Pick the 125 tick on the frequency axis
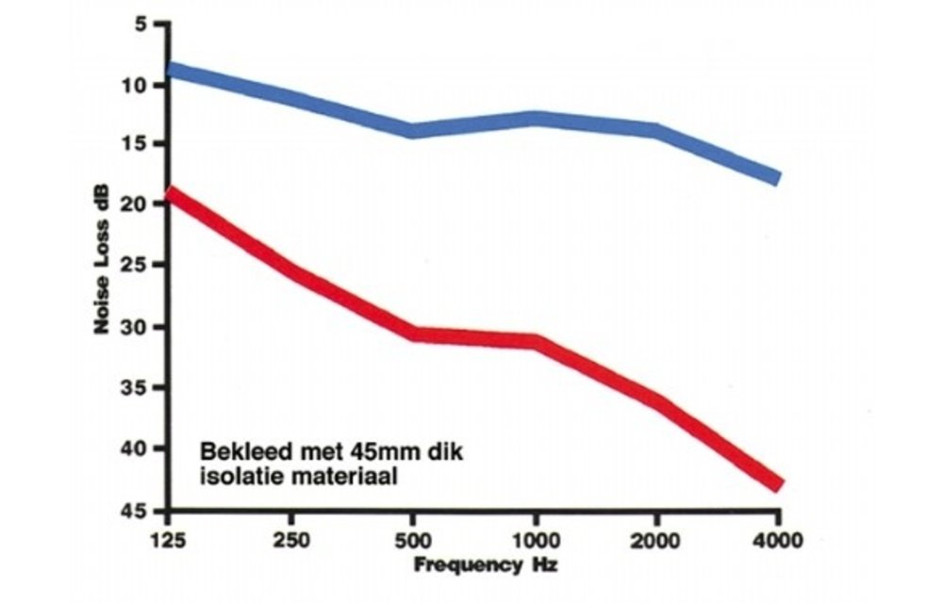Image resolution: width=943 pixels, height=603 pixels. click(x=168, y=543)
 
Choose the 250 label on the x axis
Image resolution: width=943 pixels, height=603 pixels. click(x=290, y=543)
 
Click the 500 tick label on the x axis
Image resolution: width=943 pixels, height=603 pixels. click(x=411, y=543)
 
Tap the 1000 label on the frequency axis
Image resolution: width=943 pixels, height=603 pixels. click(x=534, y=543)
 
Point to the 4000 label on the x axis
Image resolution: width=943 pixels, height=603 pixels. click(x=777, y=543)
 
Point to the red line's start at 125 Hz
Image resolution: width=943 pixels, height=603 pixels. click(x=170, y=194)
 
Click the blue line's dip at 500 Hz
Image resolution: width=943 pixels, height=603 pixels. click(x=411, y=130)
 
